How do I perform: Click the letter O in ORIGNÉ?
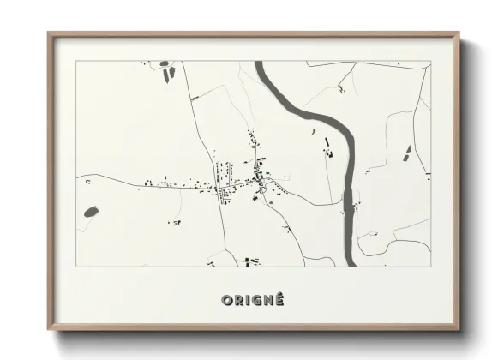click(227, 300)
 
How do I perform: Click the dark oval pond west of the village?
click(91, 211)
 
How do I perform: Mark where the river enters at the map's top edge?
click(261, 63)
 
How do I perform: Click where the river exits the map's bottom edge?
click(350, 264)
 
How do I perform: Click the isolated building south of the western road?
click(175, 222)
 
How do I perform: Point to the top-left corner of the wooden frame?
click(48, 33)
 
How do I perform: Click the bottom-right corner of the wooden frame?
click(460, 330)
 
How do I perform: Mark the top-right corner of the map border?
click(429, 61)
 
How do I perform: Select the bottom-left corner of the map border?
click(76, 266)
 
